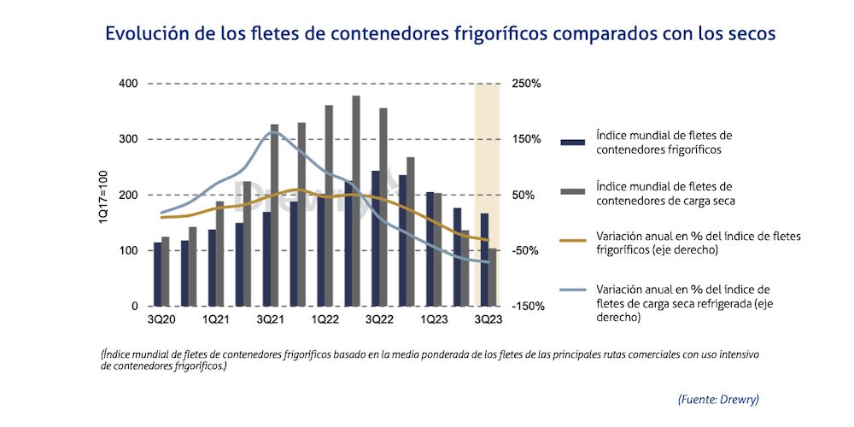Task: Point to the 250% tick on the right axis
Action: [526, 84]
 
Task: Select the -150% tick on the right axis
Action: [527, 306]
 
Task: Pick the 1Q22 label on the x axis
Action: [325, 319]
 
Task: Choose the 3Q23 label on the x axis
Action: [488, 319]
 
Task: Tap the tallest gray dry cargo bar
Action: [356, 201]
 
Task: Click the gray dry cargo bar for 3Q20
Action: [166, 271]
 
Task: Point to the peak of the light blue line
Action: [272, 131]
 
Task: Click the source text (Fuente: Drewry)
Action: [718, 399]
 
